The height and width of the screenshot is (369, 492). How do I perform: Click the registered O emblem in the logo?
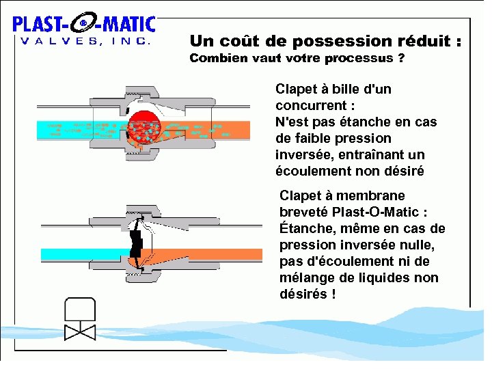(x=83, y=24)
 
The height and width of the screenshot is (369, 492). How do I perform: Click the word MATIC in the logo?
(x=128, y=24)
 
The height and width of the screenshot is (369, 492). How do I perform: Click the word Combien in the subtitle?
(x=217, y=58)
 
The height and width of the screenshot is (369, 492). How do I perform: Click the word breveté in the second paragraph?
(x=305, y=212)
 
